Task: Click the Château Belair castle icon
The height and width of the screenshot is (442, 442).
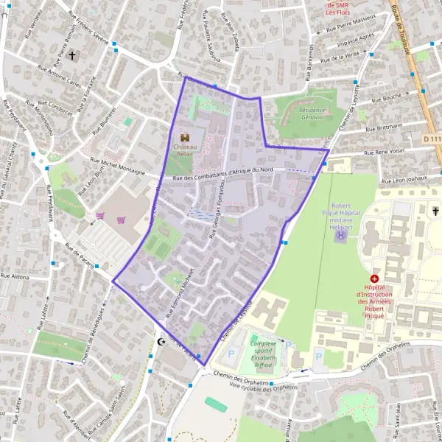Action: click(184, 136)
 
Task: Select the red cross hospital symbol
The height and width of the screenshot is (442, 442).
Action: click(375, 279)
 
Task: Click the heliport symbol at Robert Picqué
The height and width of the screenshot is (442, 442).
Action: click(340, 236)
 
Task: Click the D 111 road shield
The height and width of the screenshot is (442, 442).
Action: click(433, 138)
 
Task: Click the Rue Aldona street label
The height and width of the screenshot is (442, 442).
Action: click(15, 276)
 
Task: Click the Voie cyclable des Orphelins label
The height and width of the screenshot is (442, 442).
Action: click(263, 385)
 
